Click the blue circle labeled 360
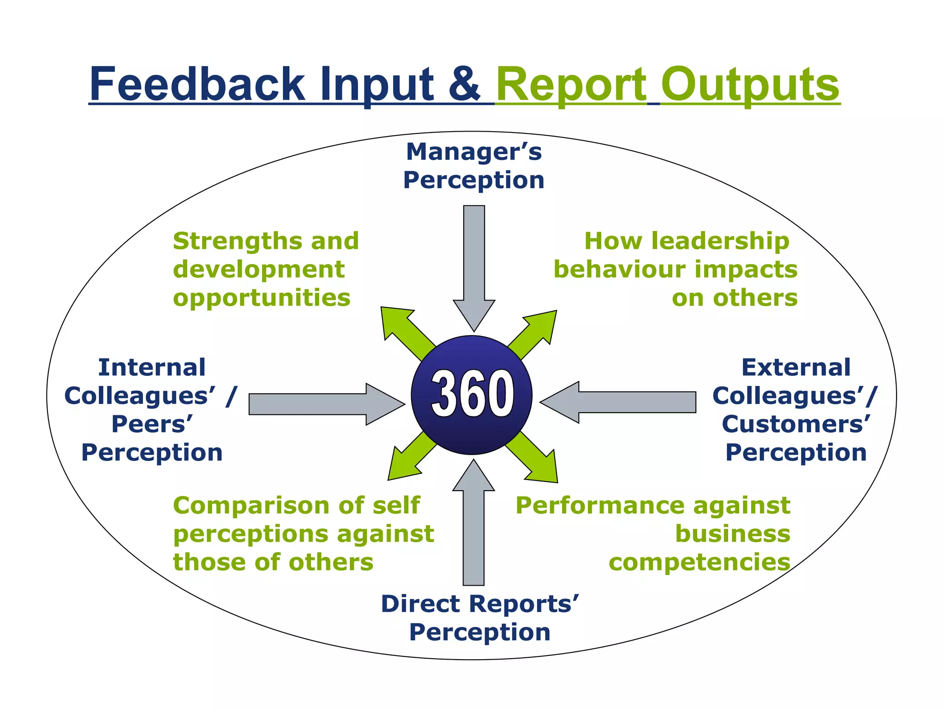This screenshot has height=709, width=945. [472, 395]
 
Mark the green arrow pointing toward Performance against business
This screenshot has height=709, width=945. [535, 459]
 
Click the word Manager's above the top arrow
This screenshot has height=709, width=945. [474, 152]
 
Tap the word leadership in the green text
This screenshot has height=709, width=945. [720, 241]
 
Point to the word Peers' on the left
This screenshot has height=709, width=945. [152, 424]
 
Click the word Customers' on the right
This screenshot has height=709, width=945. [796, 424]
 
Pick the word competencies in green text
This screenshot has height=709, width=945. [700, 563]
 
